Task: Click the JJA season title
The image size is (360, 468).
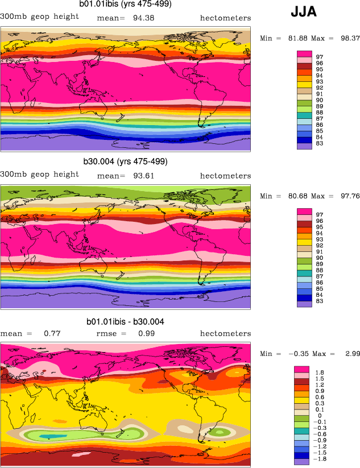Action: click(304, 11)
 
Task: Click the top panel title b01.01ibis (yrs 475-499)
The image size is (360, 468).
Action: click(125, 5)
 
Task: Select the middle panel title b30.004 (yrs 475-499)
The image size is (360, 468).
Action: click(125, 161)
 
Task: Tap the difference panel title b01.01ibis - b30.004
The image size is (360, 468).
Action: click(125, 322)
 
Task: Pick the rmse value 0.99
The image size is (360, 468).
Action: click(147, 333)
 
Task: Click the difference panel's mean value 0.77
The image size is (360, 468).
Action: click(52, 333)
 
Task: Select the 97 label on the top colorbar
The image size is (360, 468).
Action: click(319, 56)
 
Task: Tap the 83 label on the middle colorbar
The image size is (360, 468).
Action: click(319, 301)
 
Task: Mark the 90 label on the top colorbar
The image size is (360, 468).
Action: click(319, 100)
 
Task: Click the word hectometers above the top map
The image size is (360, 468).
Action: click(225, 18)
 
